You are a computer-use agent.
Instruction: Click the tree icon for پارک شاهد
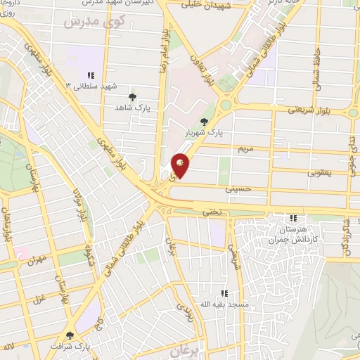131,97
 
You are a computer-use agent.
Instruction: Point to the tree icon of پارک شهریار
204,122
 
